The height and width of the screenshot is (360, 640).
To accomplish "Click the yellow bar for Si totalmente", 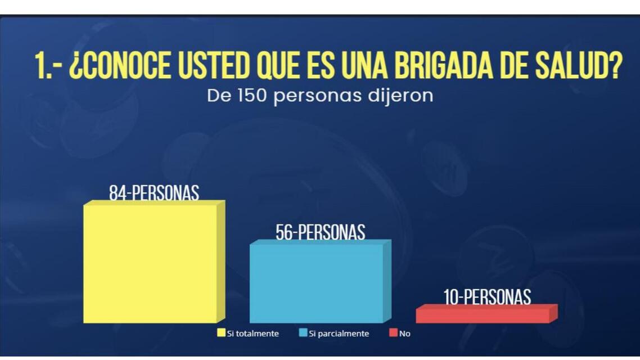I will (150, 263).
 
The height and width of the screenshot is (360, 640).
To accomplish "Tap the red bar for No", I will (483, 316).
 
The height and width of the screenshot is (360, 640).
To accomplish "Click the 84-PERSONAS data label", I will (154, 193).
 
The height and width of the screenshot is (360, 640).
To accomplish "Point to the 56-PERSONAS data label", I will (320, 232).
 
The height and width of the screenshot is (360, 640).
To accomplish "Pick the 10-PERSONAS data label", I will (487, 296).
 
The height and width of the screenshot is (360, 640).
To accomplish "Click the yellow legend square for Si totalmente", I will (222, 333).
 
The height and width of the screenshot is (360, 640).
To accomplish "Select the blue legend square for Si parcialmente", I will (304, 333).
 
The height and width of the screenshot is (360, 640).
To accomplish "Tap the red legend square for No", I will (394, 333).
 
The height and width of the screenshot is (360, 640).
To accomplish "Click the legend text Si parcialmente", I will (339, 334).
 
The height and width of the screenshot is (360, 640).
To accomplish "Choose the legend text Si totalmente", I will (253, 334).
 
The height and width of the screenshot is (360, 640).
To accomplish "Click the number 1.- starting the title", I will (47, 67).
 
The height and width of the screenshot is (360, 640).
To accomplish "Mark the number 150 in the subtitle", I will (250, 96).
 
